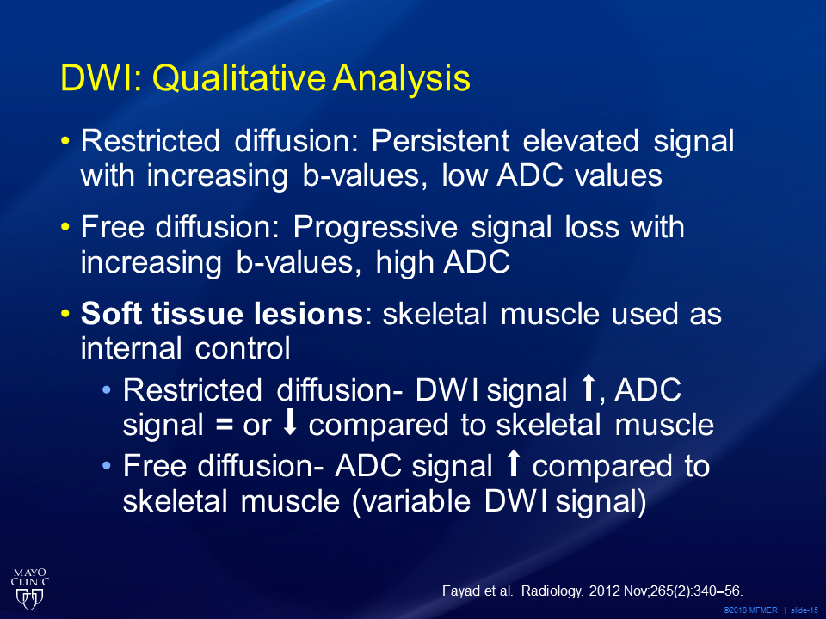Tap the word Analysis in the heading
(401, 79)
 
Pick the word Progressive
(375, 228)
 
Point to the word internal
(131, 348)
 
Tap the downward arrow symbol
(290, 423)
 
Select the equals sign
(225, 425)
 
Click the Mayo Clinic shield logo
(30, 598)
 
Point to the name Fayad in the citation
(462, 591)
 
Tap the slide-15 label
(804, 610)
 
